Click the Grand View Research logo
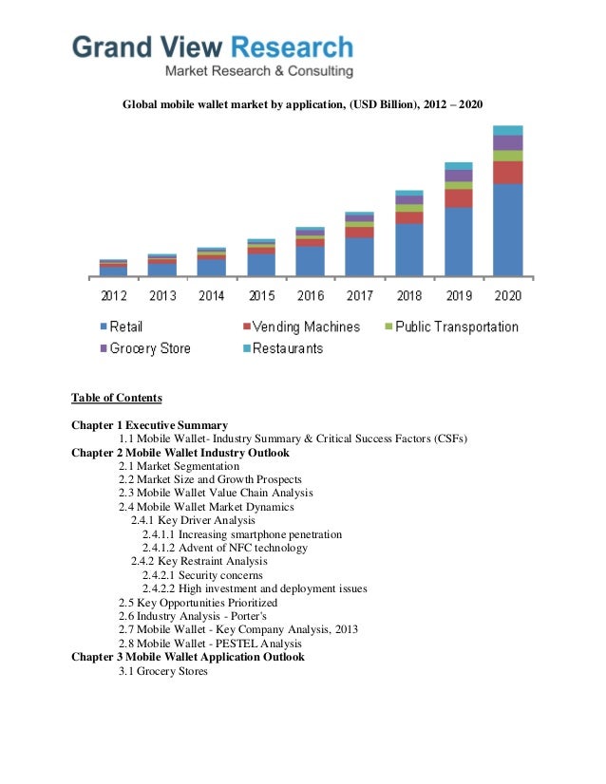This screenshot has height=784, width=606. point(214,55)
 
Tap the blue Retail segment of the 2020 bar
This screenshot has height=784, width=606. point(507,230)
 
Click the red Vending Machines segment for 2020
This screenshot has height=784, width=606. point(507,172)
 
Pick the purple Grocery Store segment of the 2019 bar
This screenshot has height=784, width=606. point(458,176)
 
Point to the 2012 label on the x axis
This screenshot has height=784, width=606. point(113,296)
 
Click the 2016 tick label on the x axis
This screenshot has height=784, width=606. point(310,296)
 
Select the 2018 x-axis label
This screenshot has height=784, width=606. point(408,296)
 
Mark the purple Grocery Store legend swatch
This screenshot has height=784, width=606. point(104,349)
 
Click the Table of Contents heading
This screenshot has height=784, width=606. point(117,398)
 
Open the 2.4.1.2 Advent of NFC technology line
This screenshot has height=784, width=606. point(225,548)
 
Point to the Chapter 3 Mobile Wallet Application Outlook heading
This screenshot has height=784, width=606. point(188,657)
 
